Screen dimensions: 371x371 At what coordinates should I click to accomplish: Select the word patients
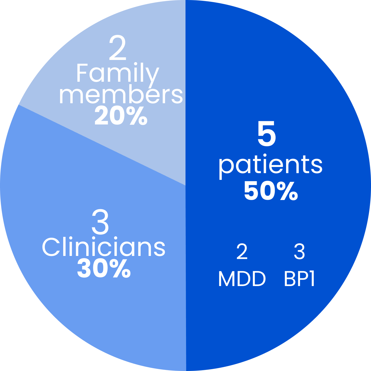[270, 165]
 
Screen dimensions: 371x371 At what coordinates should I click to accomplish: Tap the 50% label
[271, 191]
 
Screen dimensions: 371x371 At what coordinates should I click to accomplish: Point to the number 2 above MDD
[242, 252]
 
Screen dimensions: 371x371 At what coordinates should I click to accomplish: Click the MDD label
[242, 279]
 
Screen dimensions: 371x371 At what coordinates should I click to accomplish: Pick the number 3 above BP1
[299, 252]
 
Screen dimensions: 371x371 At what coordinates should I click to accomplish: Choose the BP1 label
[299, 279]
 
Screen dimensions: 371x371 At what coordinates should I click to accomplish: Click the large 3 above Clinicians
[100, 222]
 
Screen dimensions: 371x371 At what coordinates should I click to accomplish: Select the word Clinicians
[104, 247]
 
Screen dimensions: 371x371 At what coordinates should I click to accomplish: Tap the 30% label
[104, 268]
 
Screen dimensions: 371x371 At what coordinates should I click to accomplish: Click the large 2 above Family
[117, 49]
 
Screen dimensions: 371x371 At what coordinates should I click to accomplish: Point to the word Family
[117, 73]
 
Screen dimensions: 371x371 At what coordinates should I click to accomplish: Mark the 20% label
[121, 116]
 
